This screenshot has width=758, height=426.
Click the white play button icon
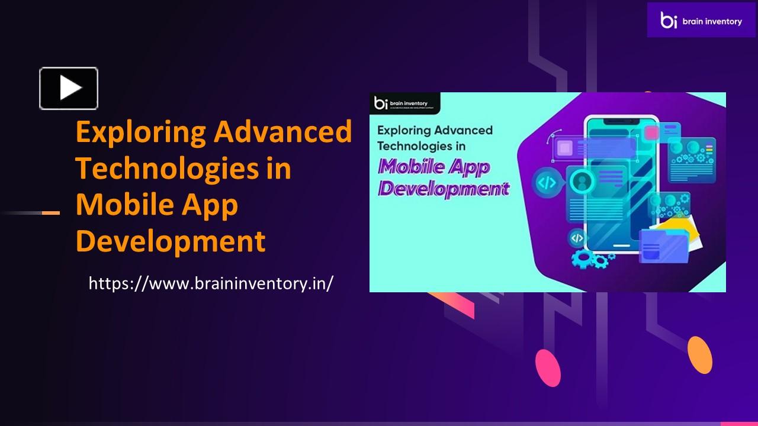pyautogui.click(x=69, y=88)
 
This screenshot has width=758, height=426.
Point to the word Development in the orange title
pyautogui.click(x=171, y=241)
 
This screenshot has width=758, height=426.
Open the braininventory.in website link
pyautogui.click(x=211, y=283)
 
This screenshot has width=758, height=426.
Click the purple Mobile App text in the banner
pyautogui.click(x=434, y=167)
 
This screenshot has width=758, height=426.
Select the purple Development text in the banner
pyautogui.click(x=444, y=189)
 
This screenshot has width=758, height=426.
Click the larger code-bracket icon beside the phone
pyautogui.click(x=546, y=183)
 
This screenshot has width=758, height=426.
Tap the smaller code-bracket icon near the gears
pyautogui.click(x=577, y=238)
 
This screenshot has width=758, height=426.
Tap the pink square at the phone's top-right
pyautogui.click(x=651, y=133)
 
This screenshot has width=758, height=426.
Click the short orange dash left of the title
pyautogui.click(x=51, y=212)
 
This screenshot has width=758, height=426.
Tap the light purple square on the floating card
pyautogui.click(x=564, y=148)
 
